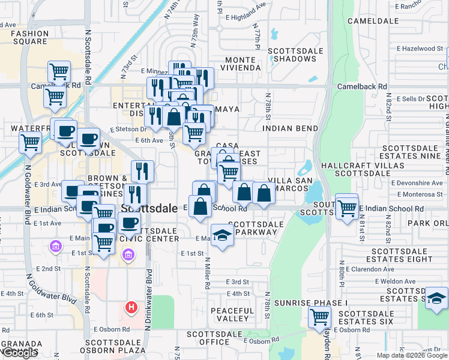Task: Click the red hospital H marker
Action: click(x=131, y=308)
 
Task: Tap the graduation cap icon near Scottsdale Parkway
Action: click(x=222, y=235)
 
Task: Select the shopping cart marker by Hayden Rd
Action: click(x=319, y=316)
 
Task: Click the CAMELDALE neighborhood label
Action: click(x=377, y=20)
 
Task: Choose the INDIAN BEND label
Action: click(x=290, y=128)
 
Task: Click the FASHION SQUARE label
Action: click(x=29, y=37)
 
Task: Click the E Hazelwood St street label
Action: click(x=420, y=48)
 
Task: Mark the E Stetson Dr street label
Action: click(x=128, y=128)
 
